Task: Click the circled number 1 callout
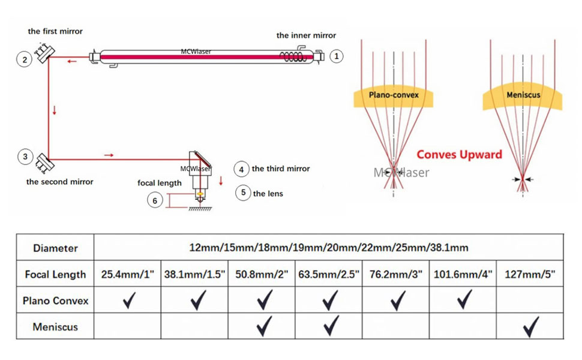pos(337,56)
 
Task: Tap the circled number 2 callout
pos(25,59)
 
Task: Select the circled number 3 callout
pos(25,157)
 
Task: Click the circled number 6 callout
pos(155,200)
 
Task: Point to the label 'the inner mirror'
pos(306,35)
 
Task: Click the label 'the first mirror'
pos(55,31)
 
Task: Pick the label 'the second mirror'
pos(60,182)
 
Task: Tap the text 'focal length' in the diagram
pos(160,183)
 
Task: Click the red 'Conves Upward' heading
pos(459,155)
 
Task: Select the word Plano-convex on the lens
pos(394,95)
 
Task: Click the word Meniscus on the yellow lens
pos(523,95)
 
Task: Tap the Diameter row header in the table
pos(55,248)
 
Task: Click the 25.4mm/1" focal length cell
pos(127,275)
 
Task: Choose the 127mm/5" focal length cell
pos(530,275)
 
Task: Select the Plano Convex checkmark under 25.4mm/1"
pos(127,299)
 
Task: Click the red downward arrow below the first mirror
pos(55,110)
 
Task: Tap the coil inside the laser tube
pos(294,58)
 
